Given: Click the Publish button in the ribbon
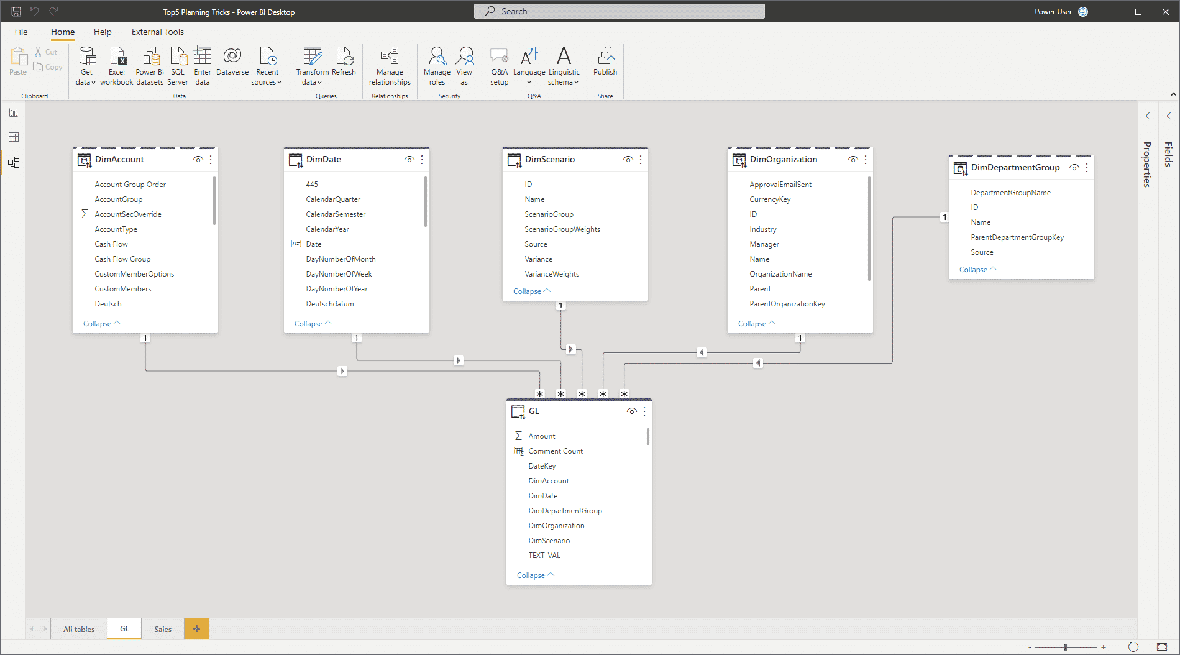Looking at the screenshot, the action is [x=605, y=62].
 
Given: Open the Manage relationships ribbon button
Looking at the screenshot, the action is [x=390, y=66].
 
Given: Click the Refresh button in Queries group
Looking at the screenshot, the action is [x=344, y=62].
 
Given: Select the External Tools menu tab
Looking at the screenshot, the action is [x=158, y=32].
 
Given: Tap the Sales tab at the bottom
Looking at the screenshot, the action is [x=163, y=629].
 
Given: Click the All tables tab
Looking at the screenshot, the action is [x=79, y=629].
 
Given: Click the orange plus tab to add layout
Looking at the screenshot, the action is [x=196, y=629].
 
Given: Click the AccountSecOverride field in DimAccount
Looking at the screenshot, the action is [x=128, y=214].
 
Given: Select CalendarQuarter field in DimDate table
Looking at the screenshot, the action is [x=333, y=199].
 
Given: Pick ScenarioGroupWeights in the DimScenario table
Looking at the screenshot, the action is [x=562, y=229].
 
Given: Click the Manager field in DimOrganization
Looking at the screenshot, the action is [x=764, y=244].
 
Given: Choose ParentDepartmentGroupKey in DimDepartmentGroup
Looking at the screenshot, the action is [x=1017, y=237].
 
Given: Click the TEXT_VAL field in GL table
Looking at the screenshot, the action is [x=544, y=556].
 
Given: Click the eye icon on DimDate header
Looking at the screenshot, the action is [x=409, y=160].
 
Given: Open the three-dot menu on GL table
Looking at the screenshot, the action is [x=644, y=411].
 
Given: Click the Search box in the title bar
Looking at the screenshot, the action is [x=619, y=11].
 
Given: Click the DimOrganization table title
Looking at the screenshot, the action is [x=784, y=159].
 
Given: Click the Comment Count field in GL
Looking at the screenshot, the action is [x=556, y=451].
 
